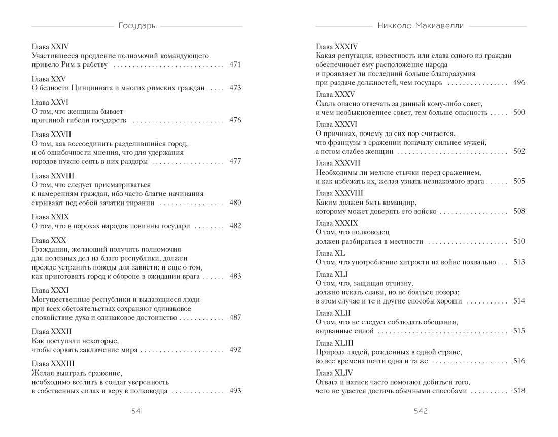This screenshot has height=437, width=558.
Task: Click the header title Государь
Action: coord(136,25)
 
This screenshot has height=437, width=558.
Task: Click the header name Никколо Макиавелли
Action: coord(421,25)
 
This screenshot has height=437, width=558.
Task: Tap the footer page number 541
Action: coord(136,411)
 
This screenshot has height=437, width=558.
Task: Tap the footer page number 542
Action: coord(421,411)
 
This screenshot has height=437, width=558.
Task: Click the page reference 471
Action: coord(235,65)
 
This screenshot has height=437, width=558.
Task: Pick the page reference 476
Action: coord(235,120)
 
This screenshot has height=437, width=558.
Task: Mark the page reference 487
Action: coord(235,317)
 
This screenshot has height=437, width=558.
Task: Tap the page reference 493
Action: coord(235,391)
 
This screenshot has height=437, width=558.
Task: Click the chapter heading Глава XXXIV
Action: coord(337,46)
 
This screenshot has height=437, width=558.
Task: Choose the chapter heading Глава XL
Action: coord(330,253)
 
